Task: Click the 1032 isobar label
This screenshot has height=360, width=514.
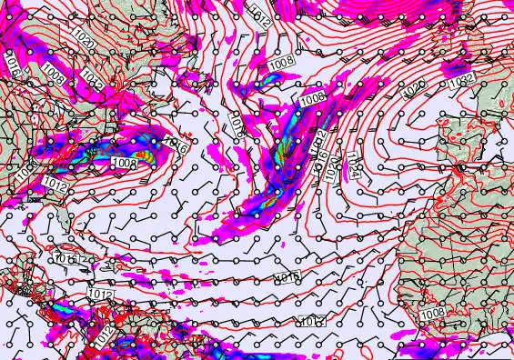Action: pyautogui.click(x=459, y=83)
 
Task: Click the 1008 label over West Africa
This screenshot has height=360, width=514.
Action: pyautogui.click(x=435, y=313)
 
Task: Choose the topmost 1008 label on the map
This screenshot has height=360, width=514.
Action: pyautogui.click(x=282, y=62)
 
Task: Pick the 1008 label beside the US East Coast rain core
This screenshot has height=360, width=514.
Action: pyautogui.click(x=124, y=162)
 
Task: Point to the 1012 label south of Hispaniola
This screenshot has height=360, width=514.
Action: pyautogui.click(x=102, y=295)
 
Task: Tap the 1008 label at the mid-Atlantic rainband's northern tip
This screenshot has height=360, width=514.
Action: pyautogui.click(x=312, y=97)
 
